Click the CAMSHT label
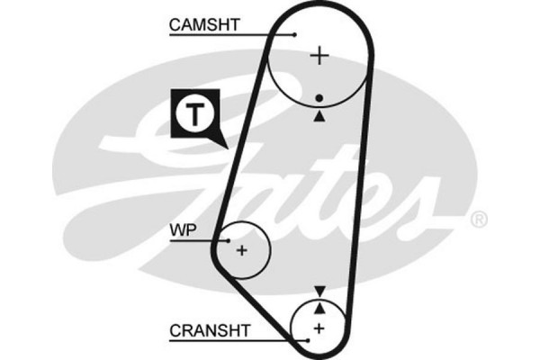click(x=204, y=25)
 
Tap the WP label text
click(x=183, y=230)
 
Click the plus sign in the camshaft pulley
click(x=319, y=57)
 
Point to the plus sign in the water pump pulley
click(x=241, y=250)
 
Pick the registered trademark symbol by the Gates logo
click(x=480, y=219)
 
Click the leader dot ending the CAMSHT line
click(x=295, y=35)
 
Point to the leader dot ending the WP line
click(x=229, y=241)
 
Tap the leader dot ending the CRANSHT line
click(x=308, y=340)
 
